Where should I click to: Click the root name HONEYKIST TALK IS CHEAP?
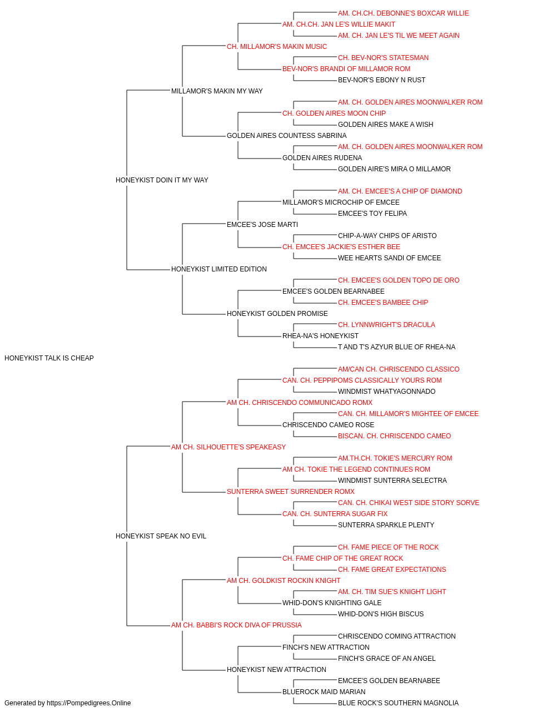[49, 358]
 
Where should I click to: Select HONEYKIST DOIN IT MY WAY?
[162, 180]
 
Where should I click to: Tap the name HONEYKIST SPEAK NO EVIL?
[161, 536]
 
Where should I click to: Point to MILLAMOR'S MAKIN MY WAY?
[217, 91]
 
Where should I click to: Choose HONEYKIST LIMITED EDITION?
[219, 269]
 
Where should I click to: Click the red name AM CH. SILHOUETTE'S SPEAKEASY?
[228, 447]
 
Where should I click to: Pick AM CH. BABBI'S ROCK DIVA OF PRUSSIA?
[236, 625]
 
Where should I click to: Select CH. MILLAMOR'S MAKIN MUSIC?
[277, 47]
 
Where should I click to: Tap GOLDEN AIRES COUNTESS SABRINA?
[286, 136]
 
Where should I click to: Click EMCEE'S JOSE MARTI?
[262, 225]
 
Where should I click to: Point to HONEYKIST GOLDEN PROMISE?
[277, 314]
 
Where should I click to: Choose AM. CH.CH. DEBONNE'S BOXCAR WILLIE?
[403, 13]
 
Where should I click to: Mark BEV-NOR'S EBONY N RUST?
[381, 80]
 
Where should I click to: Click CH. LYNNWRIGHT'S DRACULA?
[386, 325]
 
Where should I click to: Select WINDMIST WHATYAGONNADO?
[386, 392]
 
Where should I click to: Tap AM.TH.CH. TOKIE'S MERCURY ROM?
[395, 458]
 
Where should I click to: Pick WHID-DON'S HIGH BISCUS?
[380, 614]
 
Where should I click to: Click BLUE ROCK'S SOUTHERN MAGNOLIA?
[398, 704]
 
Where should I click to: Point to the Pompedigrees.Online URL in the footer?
[88, 704]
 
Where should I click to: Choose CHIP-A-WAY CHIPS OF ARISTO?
[387, 236]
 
